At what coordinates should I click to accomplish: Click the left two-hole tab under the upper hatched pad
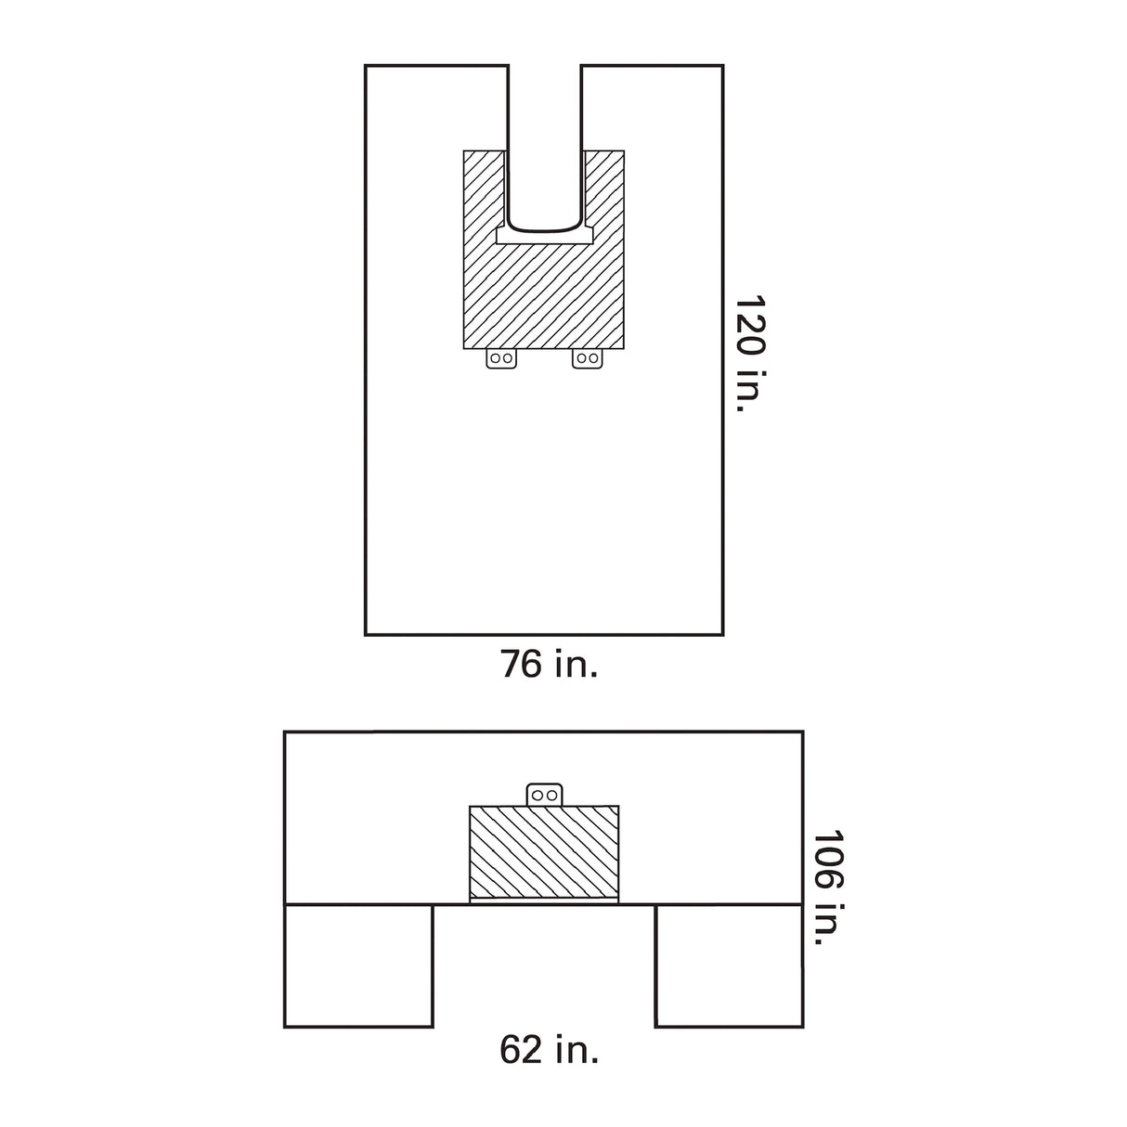(501, 358)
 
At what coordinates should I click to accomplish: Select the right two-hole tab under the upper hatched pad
(587, 358)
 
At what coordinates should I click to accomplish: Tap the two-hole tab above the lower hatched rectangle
(544, 795)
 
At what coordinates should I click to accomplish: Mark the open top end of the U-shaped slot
(544, 70)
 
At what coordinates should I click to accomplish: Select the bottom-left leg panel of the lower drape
(358, 965)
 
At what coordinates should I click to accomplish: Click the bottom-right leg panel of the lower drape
(729, 965)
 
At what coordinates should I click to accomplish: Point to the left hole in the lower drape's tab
(538, 795)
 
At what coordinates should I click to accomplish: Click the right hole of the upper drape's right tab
(592, 357)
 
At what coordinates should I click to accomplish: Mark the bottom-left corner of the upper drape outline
(366, 635)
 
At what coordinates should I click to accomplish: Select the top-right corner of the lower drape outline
(802, 732)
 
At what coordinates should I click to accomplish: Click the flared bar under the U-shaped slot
(544, 238)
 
